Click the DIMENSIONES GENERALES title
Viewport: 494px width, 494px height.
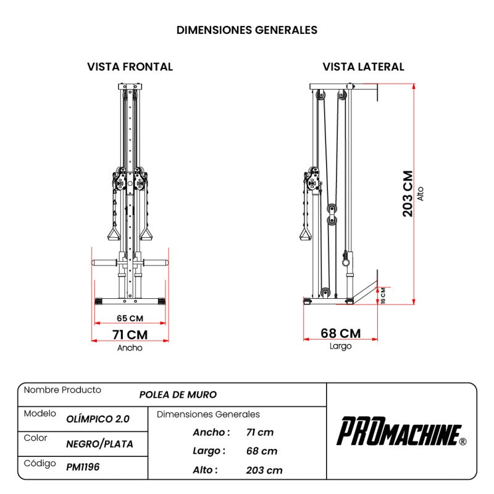[x=247, y=30]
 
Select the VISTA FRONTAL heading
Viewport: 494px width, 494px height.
[x=130, y=67]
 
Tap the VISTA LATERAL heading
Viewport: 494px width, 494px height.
[x=363, y=67]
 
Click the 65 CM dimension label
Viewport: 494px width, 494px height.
[x=130, y=319]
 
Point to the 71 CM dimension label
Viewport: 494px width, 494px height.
[x=130, y=335]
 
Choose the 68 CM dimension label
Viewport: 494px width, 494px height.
[x=340, y=333]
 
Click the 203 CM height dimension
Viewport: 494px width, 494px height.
[x=408, y=193]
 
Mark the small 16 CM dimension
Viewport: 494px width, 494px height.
[x=383, y=296]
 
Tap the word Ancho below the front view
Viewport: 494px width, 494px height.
[x=130, y=348]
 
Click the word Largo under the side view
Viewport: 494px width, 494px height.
[x=340, y=346]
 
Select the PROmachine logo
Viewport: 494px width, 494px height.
[x=401, y=431]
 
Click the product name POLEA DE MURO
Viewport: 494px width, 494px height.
[x=178, y=395]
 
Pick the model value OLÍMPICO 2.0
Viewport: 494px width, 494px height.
[x=98, y=419]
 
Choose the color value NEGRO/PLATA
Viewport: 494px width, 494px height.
[x=99, y=443]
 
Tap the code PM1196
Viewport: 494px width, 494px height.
[x=83, y=467]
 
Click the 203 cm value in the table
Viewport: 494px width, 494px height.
[x=264, y=470]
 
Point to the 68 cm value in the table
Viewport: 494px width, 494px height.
[x=261, y=451]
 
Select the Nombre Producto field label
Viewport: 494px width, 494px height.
[x=62, y=390]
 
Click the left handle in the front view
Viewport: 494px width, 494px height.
[x=114, y=233]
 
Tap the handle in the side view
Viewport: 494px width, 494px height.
[x=304, y=233]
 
